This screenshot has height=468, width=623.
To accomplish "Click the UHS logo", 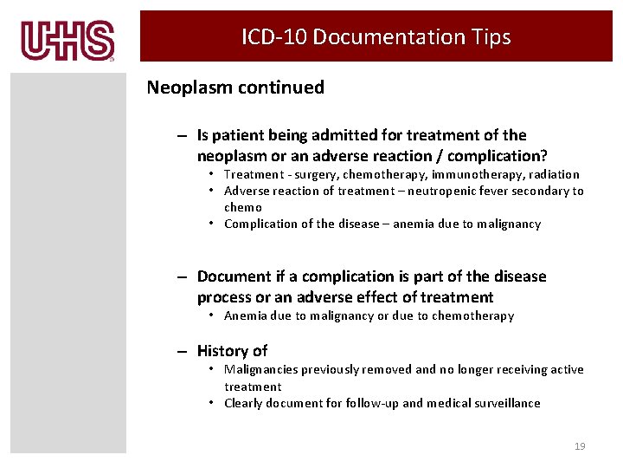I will pos(67,41).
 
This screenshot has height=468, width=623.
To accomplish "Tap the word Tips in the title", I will pos(491,37).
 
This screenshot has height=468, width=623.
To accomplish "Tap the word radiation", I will pos(551,174).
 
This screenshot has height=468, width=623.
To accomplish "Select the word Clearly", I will pos(245,403).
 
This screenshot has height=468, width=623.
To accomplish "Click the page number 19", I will pos(580,446).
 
